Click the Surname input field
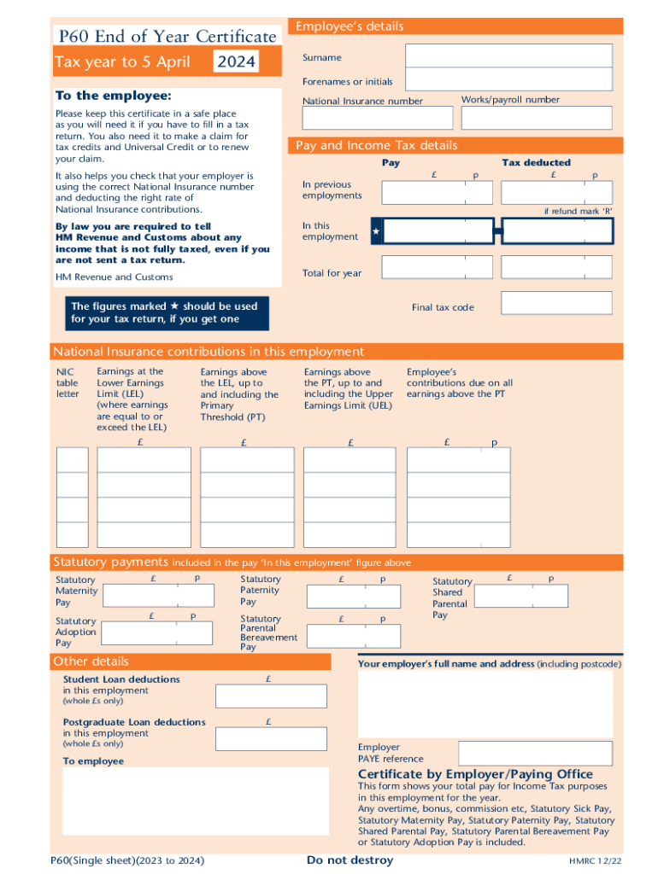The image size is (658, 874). click(x=508, y=56)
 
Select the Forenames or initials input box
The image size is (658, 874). click(x=508, y=79)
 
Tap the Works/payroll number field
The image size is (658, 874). click(x=537, y=118)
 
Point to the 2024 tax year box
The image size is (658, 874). click(x=236, y=62)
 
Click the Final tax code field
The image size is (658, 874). click(x=556, y=303)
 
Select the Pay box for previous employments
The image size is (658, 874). click(x=437, y=193)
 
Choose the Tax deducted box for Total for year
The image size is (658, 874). click(x=556, y=268)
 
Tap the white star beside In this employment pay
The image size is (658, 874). click(x=376, y=231)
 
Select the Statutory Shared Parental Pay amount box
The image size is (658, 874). click(x=521, y=595)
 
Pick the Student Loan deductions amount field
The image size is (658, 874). click(x=271, y=696)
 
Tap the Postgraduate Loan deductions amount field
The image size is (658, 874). click(x=271, y=738)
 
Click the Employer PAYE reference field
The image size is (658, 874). click(x=535, y=753)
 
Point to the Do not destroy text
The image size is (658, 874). click(x=350, y=860)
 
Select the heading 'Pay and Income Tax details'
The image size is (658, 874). click(x=377, y=145)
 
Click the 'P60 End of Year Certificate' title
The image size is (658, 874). click(x=166, y=36)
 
